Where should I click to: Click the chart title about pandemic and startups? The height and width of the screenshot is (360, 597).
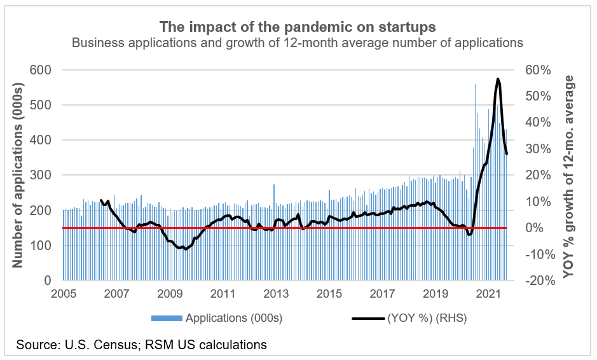pos(298,27)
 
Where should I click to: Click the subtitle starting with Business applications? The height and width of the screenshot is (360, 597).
pos(298,43)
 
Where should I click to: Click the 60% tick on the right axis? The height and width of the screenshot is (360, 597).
pos(537,69)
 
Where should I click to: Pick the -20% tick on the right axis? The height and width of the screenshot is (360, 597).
pos(535,280)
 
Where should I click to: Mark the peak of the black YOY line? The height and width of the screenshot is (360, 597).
pos(498,79)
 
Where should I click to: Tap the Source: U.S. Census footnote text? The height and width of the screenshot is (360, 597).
pos(141,345)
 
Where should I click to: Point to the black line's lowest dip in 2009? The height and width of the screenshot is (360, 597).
pos(186,249)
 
